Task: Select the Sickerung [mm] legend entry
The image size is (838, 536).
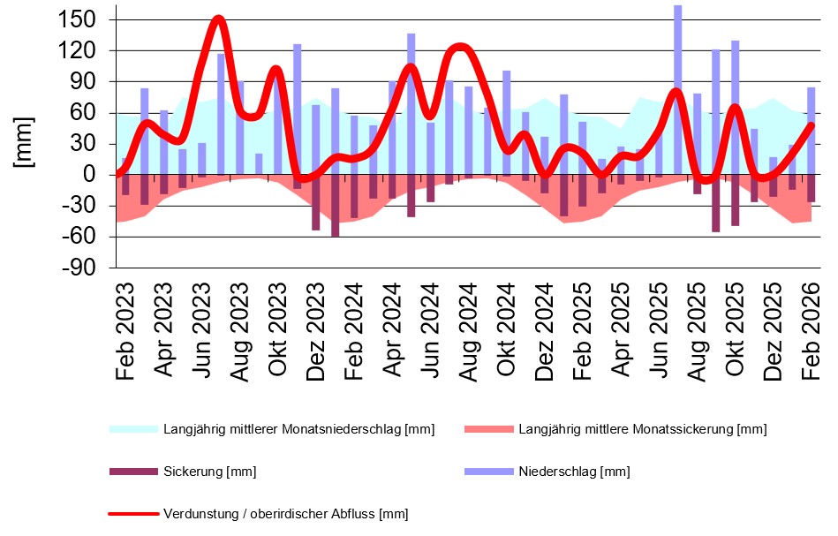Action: pyautogui.click(x=209, y=472)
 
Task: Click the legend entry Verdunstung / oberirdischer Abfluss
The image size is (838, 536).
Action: pyautogui.click(x=285, y=513)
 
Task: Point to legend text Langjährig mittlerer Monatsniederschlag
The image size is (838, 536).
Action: pyautogui.click(x=298, y=430)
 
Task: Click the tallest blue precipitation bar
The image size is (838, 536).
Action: pyautogui.click(x=677, y=88)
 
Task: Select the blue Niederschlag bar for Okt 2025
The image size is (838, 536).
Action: pyautogui.click(x=735, y=106)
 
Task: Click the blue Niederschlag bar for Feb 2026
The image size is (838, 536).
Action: pyautogui.click(x=811, y=128)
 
